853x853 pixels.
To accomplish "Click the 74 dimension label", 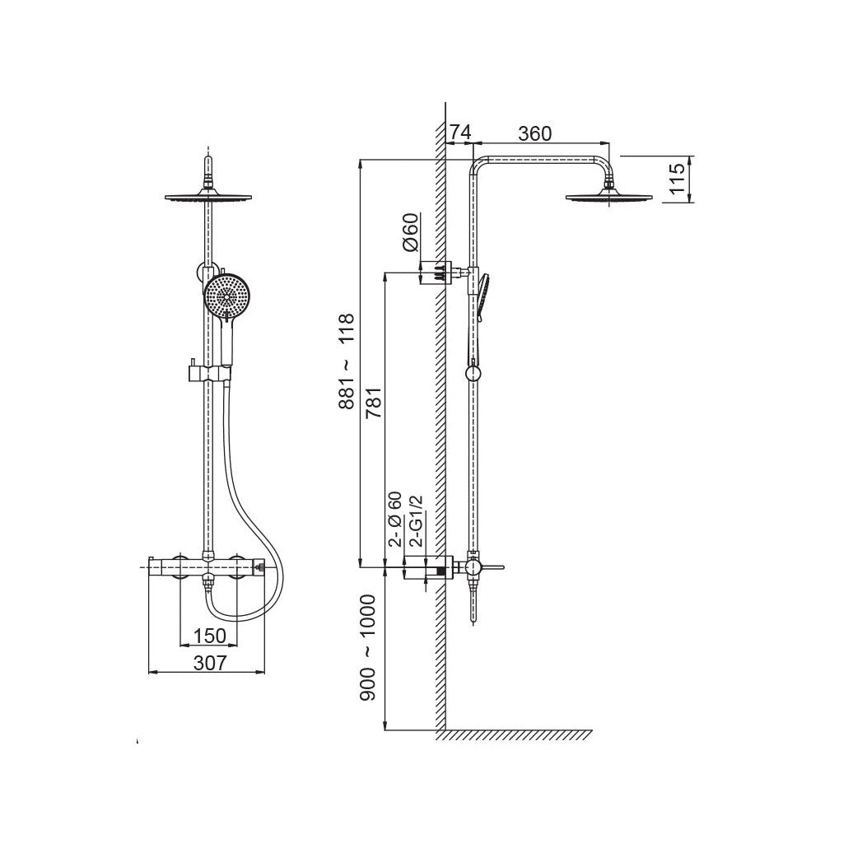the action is [x=460, y=132].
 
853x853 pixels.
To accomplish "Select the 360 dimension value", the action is [x=534, y=133].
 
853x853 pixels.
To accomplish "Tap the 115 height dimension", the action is [x=676, y=179].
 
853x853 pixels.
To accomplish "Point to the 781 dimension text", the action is [x=374, y=402].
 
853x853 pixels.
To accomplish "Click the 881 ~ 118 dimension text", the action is [x=347, y=361].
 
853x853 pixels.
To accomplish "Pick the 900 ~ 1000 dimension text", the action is [x=368, y=648].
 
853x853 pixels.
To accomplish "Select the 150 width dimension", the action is [x=209, y=636].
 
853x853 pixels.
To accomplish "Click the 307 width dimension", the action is [x=209, y=663].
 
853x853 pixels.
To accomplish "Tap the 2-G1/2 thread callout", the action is [x=416, y=520].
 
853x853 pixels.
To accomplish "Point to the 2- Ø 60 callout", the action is [x=395, y=519].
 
